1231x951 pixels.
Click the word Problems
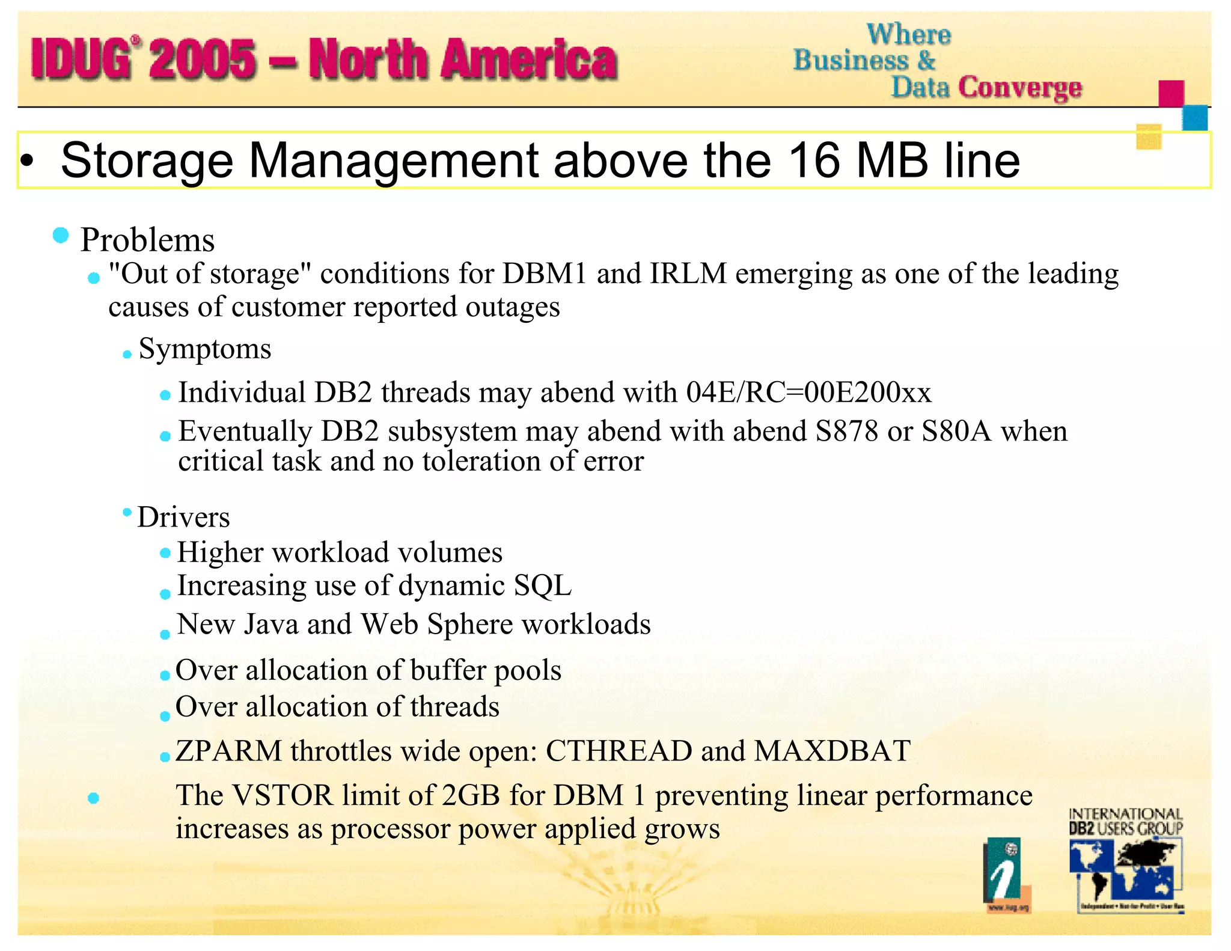click(x=147, y=240)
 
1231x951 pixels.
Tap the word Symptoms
click(x=205, y=349)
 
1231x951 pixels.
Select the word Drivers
click(x=183, y=517)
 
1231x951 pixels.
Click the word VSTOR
click(x=283, y=795)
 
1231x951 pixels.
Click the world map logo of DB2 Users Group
click(x=1123, y=872)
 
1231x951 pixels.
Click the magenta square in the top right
click(x=1171, y=93)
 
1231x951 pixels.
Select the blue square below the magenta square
click(x=1194, y=117)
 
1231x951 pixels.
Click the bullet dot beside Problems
click(x=61, y=235)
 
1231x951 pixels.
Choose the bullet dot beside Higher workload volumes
click(x=165, y=553)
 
